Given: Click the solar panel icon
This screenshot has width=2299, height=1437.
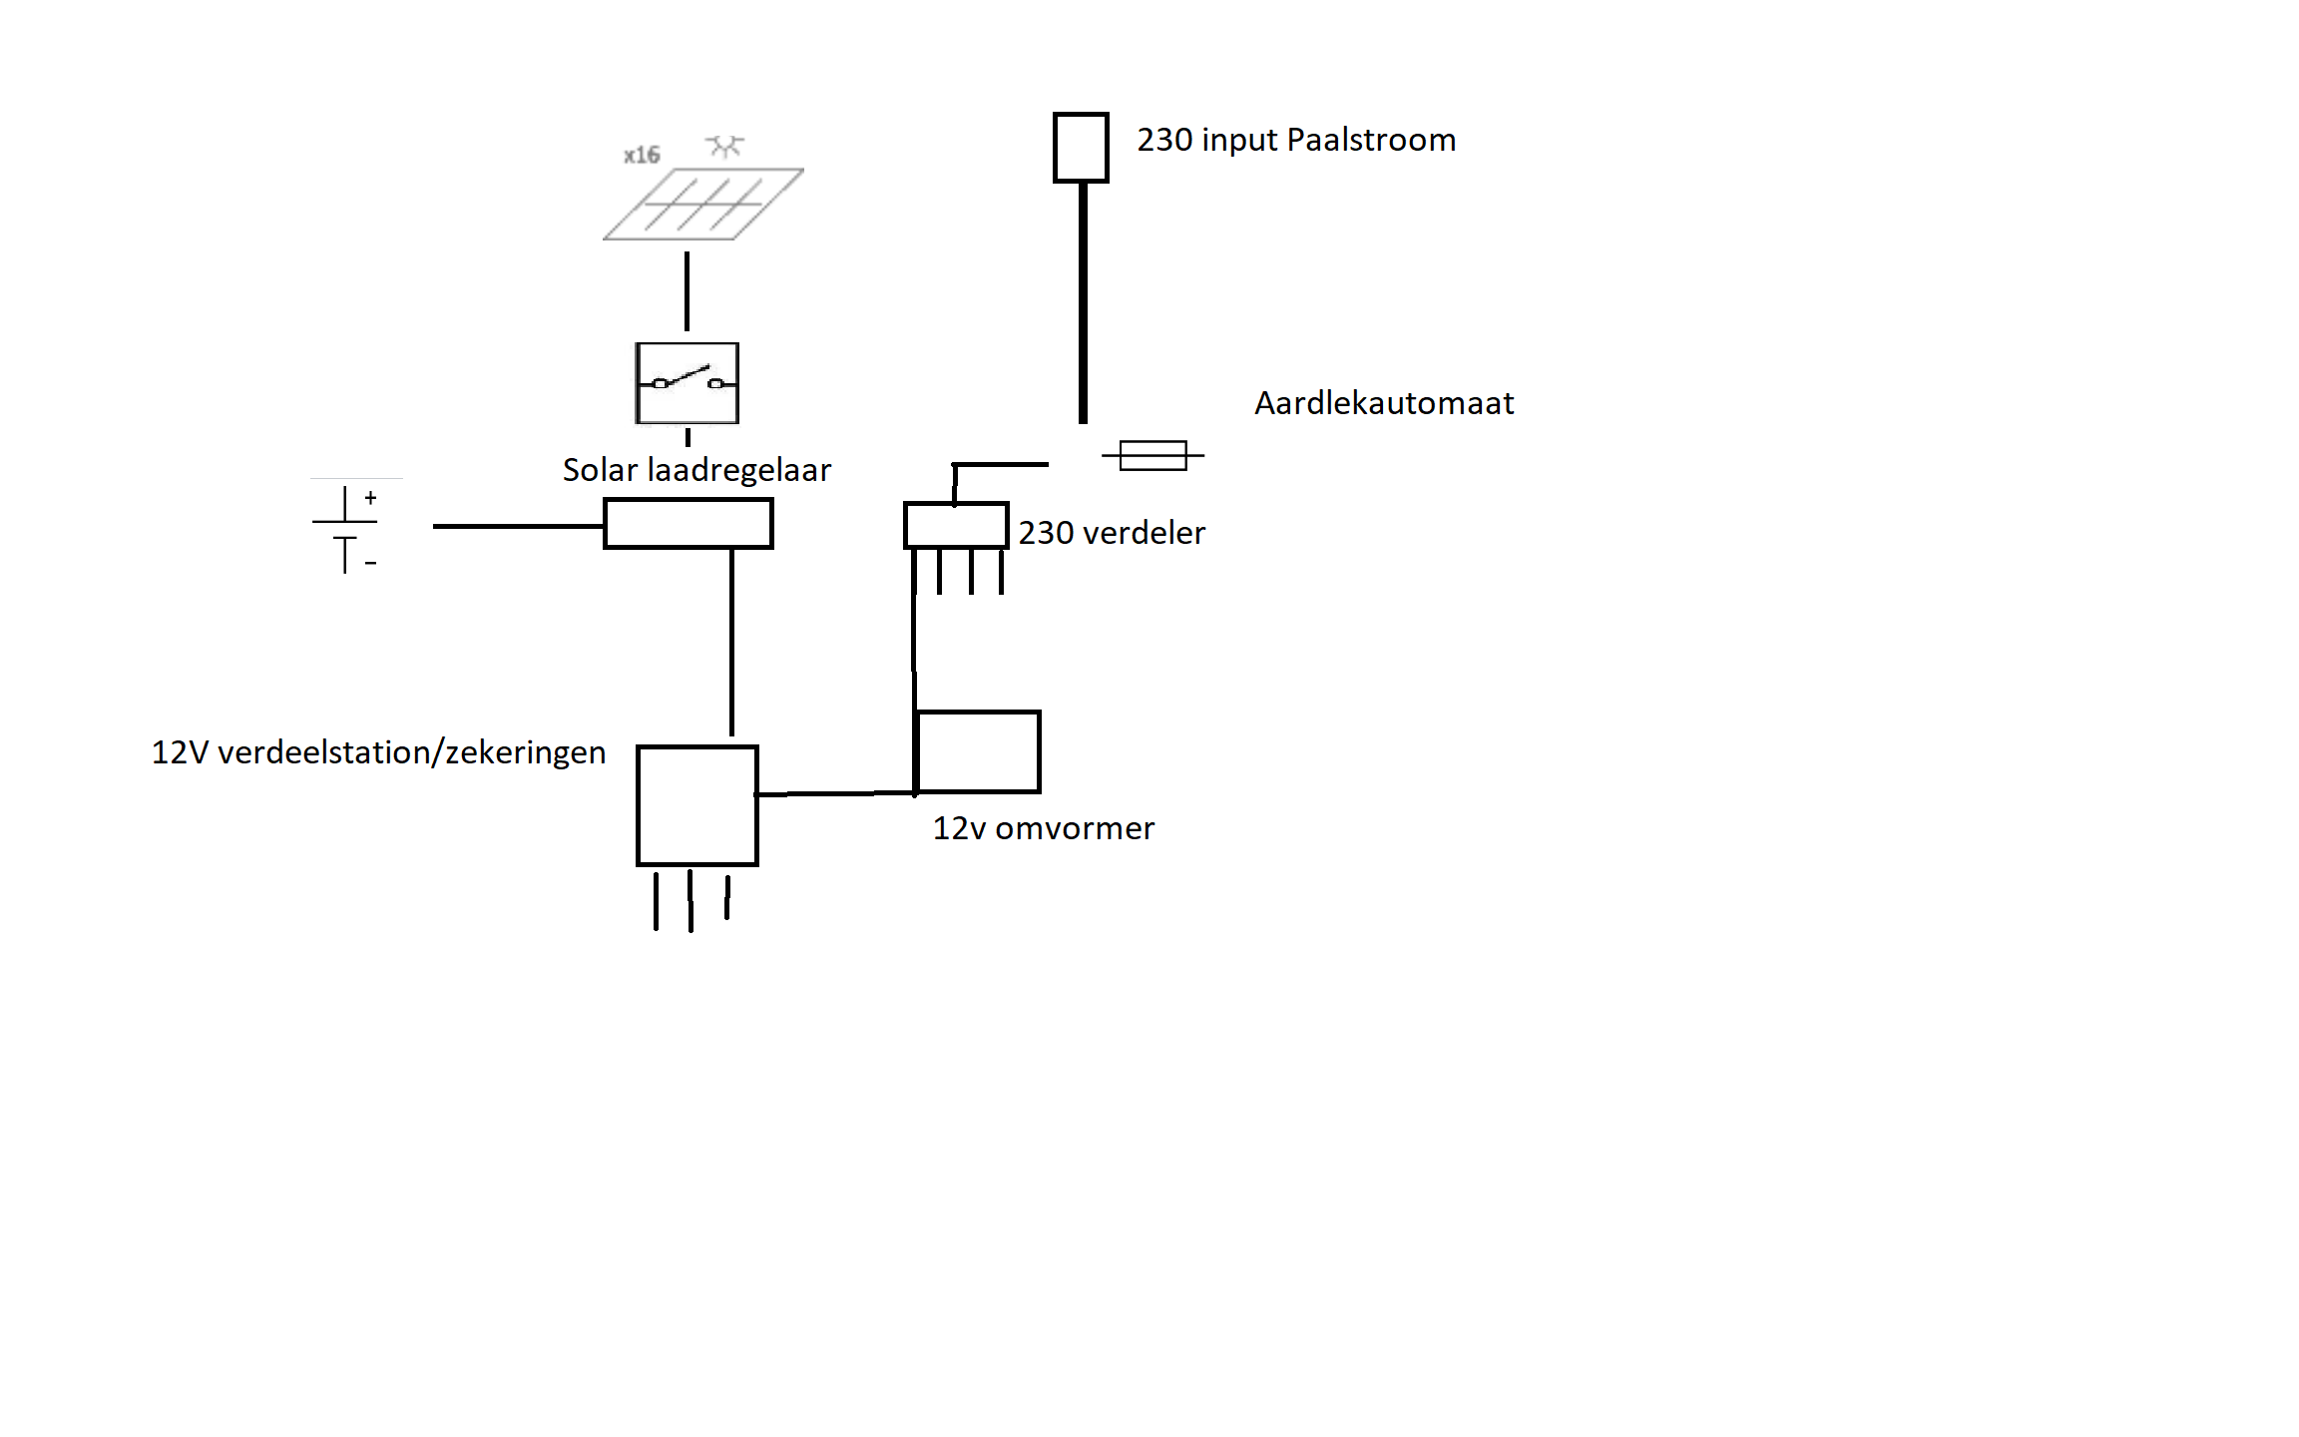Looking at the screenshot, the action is point(703,204).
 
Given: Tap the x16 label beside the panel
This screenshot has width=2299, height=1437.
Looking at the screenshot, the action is point(642,155).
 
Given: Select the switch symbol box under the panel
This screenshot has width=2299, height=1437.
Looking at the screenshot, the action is point(688,383).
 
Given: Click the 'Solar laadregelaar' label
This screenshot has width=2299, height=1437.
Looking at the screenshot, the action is point(696,469).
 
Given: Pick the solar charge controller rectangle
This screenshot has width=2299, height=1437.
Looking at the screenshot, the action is point(689,524).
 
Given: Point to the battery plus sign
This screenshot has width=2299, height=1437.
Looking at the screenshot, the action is point(370,497).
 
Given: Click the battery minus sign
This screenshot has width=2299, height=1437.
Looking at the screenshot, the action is point(370,564).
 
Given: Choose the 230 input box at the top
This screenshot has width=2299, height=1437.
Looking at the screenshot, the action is point(1081,148).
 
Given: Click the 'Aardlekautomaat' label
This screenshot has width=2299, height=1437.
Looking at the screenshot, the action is point(1384,403).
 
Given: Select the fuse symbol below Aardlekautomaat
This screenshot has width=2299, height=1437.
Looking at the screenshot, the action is point(1152,455).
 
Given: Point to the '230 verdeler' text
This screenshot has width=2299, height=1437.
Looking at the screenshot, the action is point(1112,533).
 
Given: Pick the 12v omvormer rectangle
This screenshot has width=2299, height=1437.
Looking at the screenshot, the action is point(978,751).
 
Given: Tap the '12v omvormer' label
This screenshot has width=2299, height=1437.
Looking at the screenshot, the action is point(1044,828).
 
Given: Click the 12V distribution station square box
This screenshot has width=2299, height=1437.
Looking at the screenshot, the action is point(697,805).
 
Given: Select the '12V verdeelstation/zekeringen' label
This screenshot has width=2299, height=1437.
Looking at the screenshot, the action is point(378,752).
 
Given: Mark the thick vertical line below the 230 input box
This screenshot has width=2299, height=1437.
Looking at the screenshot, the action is point(1083,303).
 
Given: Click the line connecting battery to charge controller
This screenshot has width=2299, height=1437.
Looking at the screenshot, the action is point(518,526).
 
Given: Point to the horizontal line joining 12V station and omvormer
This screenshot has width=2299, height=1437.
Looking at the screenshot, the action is point(836,793).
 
